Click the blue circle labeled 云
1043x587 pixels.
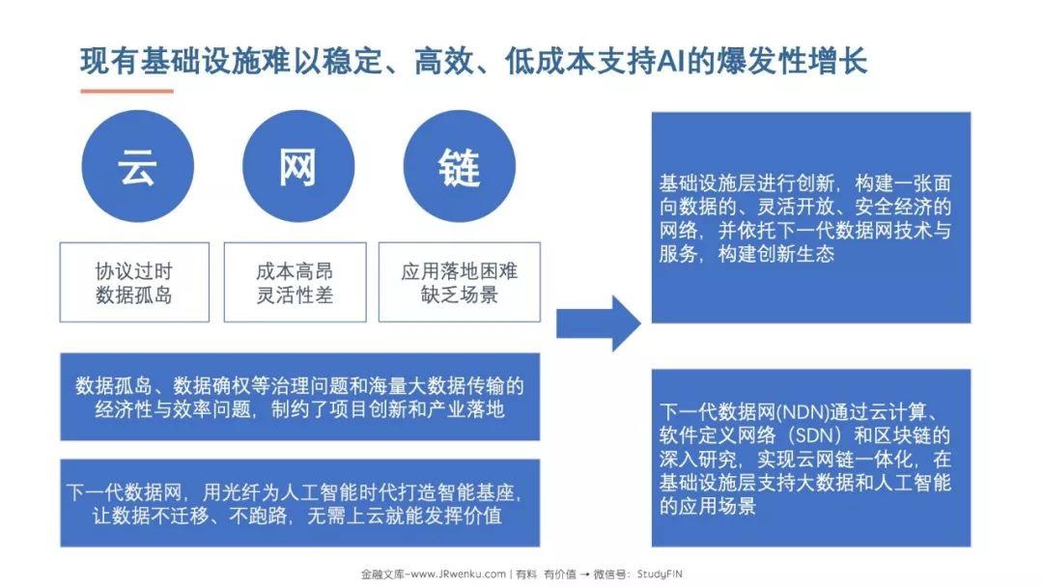pos(138,166)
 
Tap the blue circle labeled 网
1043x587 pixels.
pos(298,166)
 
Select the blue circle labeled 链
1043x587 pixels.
pos(460,166)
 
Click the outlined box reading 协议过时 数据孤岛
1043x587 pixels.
pos(134,283)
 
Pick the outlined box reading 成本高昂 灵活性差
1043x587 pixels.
pos(295,283)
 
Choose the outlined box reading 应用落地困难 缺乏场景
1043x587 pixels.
pos(460,283)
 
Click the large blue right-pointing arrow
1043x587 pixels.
pos(599,323)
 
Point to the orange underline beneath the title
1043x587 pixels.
pos(127,91)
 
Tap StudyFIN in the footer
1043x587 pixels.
pos(660,574)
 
